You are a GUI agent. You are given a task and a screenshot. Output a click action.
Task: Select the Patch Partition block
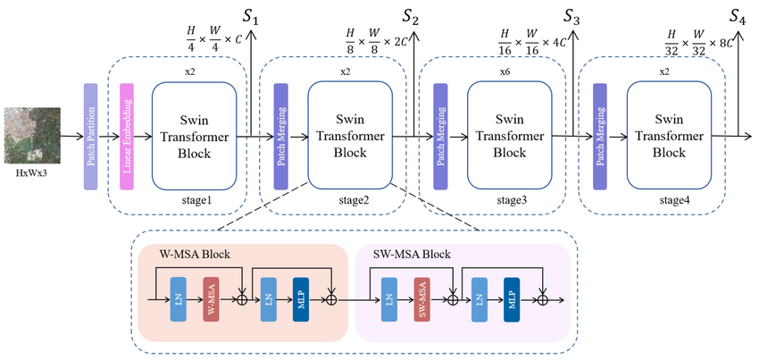pos(90,136)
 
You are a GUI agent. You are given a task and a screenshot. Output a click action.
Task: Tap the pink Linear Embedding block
pos(126,136)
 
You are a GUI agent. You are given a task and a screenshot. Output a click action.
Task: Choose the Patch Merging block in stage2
pos(281,136)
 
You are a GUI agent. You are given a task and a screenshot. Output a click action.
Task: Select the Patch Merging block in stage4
pos(600,136)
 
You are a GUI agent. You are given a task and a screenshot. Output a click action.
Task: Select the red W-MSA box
pos(211,298)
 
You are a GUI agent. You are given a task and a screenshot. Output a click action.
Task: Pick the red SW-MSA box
pos(422,298)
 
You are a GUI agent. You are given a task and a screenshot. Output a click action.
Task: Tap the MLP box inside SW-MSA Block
pos(512,298)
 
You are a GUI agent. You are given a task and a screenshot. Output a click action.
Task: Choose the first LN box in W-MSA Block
pos(177,298)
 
